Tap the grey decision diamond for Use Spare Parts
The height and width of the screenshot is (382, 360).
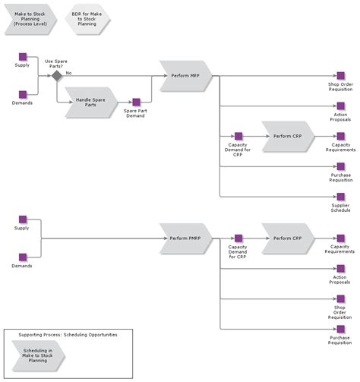[56, 76]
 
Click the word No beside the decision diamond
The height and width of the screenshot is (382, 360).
[68, 73]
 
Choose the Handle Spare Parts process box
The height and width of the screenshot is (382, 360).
[90, 102]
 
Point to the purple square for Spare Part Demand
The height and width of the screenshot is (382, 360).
[136, 103]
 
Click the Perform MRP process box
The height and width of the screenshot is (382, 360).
[185, 76]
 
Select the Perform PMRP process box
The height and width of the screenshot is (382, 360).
[185, 238]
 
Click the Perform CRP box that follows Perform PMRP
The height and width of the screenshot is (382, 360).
[287, 238]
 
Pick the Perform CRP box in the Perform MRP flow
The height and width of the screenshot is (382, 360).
[287, 135]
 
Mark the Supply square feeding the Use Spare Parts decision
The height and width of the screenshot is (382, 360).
[23, 57]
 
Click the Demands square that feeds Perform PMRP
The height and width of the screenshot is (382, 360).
[23, 257]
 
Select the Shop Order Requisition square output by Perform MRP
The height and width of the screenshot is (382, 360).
[340, 76]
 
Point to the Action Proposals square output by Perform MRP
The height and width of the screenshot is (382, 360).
[340, 106]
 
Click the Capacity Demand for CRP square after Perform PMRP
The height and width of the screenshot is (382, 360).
[238, 238]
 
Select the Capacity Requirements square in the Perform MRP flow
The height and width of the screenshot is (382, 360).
[340, 136]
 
